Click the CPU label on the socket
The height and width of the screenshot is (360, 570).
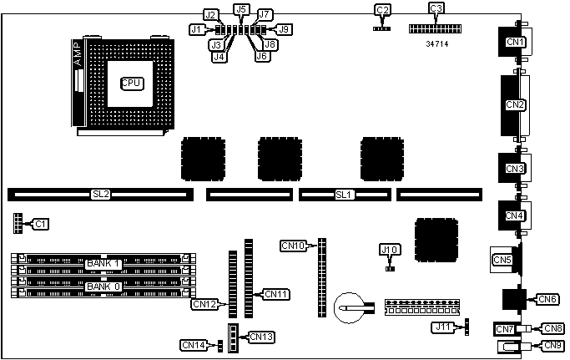click(132, 83)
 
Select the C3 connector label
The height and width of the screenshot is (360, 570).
click(436, 9)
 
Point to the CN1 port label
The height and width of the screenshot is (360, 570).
click(515, 43)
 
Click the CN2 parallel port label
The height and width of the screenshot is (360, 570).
click(515, 105)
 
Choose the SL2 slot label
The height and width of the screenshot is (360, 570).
click(100, 195)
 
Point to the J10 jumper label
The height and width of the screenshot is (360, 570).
click(389, 249)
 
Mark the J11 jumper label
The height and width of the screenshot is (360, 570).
click(442, 327)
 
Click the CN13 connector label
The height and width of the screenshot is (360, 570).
click(261, 337)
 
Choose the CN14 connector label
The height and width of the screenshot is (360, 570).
click(193, 344)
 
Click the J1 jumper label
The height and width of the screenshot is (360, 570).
click(197, 29)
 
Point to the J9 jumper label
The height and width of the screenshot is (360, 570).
click(284, 29)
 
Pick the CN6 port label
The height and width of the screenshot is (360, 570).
click(547, 299)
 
